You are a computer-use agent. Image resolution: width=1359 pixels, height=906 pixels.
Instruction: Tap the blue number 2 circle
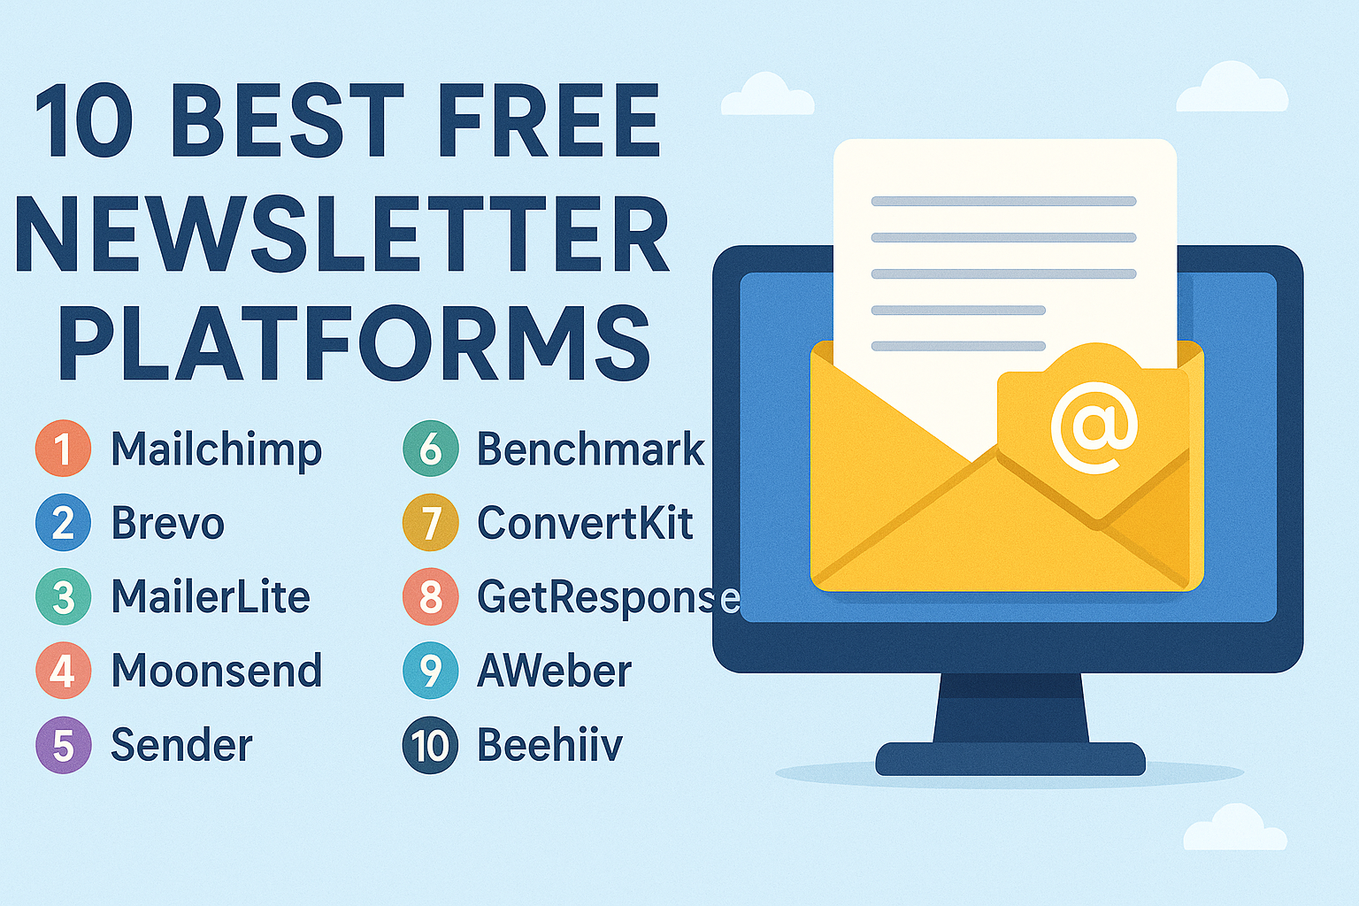(63, 523)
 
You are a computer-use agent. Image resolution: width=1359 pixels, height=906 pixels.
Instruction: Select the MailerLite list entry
(211, 597)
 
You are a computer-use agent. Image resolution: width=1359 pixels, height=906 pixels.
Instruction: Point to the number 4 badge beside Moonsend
(63, 671)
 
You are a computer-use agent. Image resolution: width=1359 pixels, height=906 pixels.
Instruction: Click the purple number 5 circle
(63, 745)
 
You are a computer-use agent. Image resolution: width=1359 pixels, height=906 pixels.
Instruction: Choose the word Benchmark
(590, 449)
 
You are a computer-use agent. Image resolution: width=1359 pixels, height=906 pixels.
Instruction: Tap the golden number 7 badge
(430, 523)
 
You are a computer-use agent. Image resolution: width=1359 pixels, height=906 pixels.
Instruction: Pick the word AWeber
(555, 672)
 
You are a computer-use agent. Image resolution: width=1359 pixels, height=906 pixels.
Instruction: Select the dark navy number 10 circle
(430, 745)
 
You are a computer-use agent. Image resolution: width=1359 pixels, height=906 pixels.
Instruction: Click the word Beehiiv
(549, 744)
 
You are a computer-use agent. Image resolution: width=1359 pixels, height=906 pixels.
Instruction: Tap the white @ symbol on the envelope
(1094, 427)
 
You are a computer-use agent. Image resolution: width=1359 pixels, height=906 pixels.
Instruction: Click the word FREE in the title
(549, 120)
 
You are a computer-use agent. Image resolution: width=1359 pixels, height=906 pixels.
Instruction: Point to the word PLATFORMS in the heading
(354, 343)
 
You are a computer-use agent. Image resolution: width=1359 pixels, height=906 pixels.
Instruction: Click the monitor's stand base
(1010, 758)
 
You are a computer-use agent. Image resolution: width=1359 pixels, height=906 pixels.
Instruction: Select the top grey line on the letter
(1003, 202)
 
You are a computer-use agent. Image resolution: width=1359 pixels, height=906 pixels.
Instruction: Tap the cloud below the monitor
(1235, 828)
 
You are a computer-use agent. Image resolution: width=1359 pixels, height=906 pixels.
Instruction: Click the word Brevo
(168, 523)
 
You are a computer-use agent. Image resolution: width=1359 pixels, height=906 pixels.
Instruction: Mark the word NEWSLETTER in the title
(342, 233)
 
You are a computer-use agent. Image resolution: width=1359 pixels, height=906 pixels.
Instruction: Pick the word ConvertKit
(585, 523)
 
